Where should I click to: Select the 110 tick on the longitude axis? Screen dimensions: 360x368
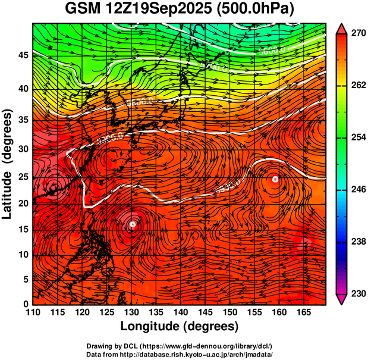click(x=33, y=312)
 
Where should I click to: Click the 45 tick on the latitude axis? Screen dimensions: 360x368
click(x=22, y=55)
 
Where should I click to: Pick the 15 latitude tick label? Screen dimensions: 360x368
click(x=22, y=230)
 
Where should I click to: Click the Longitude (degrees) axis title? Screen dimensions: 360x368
click(x=179, y=326)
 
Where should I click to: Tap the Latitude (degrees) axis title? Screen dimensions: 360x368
click(x=8, y=164)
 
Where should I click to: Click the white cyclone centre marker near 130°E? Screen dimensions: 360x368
click(x=133, y=224)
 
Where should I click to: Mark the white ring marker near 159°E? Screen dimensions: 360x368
click(x=275, y=179)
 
